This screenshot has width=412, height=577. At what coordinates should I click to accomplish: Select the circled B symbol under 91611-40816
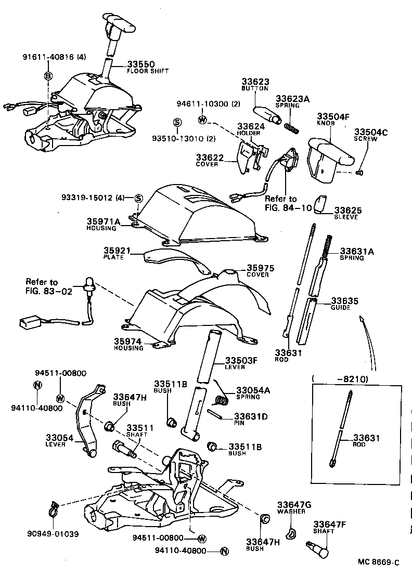(x=48, y=76)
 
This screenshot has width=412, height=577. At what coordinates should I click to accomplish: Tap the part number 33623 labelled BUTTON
(x=254, y=82)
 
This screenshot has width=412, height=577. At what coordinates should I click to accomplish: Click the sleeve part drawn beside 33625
(x=320, y=204)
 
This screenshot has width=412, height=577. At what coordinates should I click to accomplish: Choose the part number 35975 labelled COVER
(x=260, y=268)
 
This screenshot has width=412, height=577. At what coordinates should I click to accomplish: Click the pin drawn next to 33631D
(x=217, y=414)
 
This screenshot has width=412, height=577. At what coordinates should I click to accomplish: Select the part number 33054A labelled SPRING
(x=252, y=390)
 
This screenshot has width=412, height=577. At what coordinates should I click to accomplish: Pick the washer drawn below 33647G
(x=291, y=532)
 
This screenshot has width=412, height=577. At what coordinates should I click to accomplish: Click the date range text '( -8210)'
(x=340, y=379)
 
